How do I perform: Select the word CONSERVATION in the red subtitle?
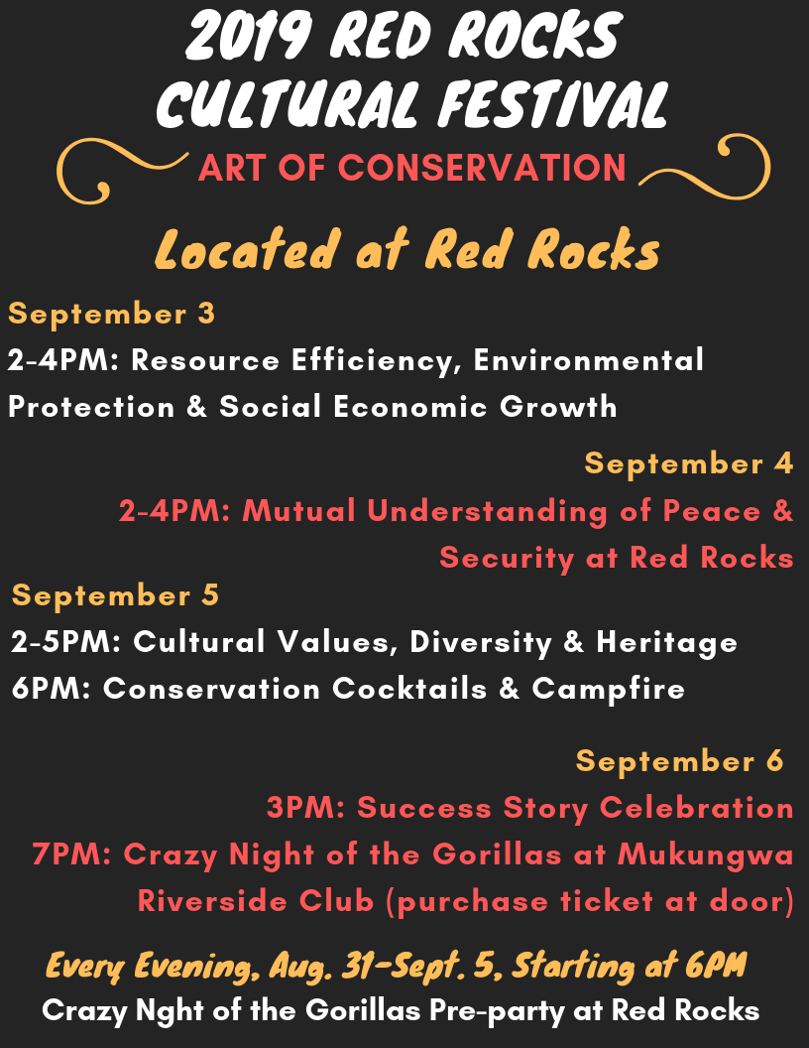click(483, 168)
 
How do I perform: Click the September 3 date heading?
click(111, 314)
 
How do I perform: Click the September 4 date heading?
click(689, 463)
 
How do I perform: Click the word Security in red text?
click(507, 558)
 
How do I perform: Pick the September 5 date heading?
click(115, 595)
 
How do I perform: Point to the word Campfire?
click(609, 689)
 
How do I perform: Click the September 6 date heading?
click(680, 761)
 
